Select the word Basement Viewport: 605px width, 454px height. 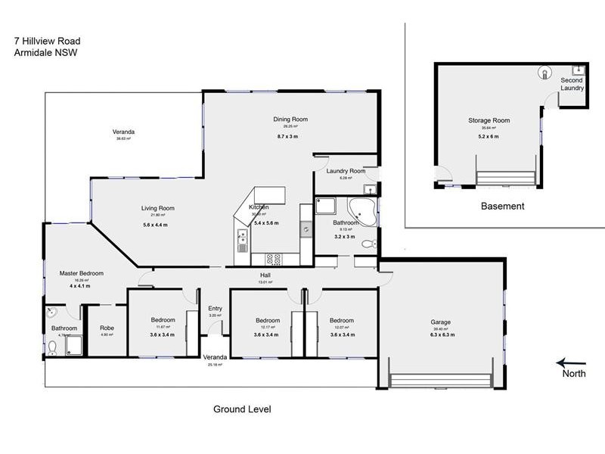[x=503, y=206]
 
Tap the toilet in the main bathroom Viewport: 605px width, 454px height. [x=368, y=244]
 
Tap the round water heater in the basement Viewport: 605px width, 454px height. [x=544, y=73]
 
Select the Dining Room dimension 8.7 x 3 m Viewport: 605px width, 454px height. [x=290, y=136]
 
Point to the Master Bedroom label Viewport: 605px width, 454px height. [x=81, y=273]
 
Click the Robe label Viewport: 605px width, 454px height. [x=107, y=328]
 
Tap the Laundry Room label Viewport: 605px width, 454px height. [x=346, y=171]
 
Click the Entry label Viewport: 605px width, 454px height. [x=216, y=309]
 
